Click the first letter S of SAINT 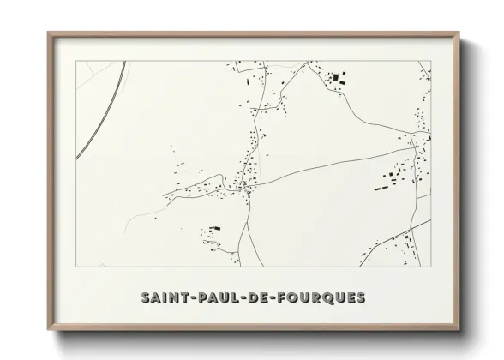coord(147,297)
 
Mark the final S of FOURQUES coord(361,297)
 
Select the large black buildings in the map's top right coord(336,80)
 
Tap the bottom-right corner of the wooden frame coord(459,329)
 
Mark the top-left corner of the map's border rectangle coord(77,61)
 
